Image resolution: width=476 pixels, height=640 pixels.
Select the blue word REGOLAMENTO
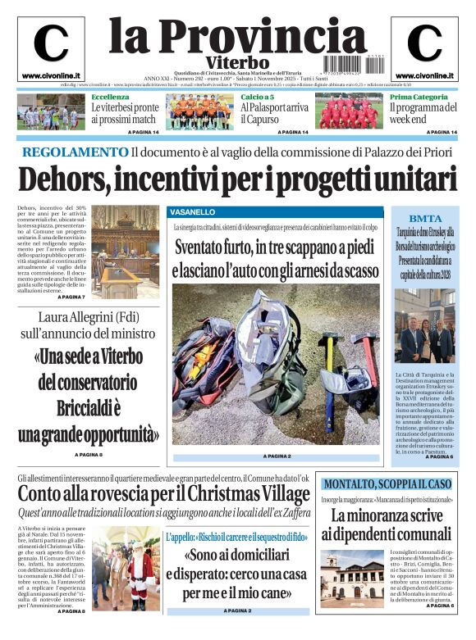coord(75,152)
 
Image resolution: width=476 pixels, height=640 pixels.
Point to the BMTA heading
coord(424,219)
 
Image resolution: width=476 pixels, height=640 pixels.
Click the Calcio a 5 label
coord(257,97)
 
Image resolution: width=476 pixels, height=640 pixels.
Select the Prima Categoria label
coord(419,97)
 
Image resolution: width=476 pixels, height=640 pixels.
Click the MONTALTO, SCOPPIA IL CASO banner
coord(387,483)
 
